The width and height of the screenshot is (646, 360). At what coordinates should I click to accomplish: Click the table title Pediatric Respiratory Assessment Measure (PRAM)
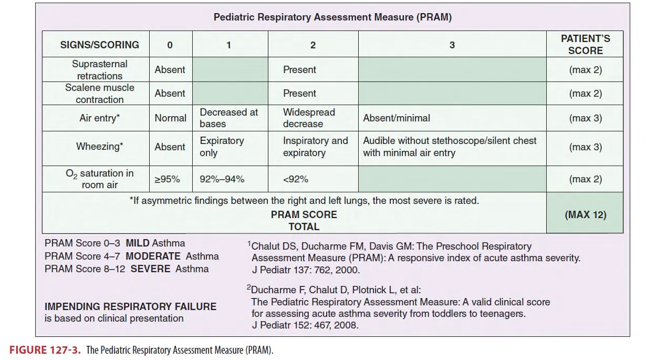pos(332,17)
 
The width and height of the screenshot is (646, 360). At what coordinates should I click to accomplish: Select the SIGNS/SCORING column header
pos(99,45)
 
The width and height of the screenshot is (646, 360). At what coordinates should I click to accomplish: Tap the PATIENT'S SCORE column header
pos(585,45)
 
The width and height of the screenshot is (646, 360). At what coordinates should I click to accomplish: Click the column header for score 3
pos(452,45)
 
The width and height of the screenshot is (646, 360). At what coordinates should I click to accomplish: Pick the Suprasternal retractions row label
pos(99,70)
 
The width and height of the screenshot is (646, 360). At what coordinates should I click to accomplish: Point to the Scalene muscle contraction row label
pos(99,94)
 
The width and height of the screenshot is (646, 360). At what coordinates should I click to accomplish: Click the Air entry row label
pos(99,118)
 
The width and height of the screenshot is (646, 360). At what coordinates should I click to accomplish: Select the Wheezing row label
pos(99,147)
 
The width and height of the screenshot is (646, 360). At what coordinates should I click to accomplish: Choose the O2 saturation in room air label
pos(99,179)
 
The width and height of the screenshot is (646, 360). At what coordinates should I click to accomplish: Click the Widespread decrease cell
pos(309,118)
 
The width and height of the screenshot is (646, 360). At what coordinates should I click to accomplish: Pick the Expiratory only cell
pos(222,147)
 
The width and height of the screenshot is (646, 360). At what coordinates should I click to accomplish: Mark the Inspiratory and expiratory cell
pos(315,147)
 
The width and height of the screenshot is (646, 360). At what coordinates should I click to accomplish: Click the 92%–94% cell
pos(222,179)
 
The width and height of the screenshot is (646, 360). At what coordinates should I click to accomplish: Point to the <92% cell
pos(296,179)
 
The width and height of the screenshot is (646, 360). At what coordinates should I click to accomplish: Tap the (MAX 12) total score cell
pos(585,215)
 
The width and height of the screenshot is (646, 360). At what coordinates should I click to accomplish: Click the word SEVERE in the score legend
pos(150,269)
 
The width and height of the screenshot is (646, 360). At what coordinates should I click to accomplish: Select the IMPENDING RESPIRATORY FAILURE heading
pos(130,306)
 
